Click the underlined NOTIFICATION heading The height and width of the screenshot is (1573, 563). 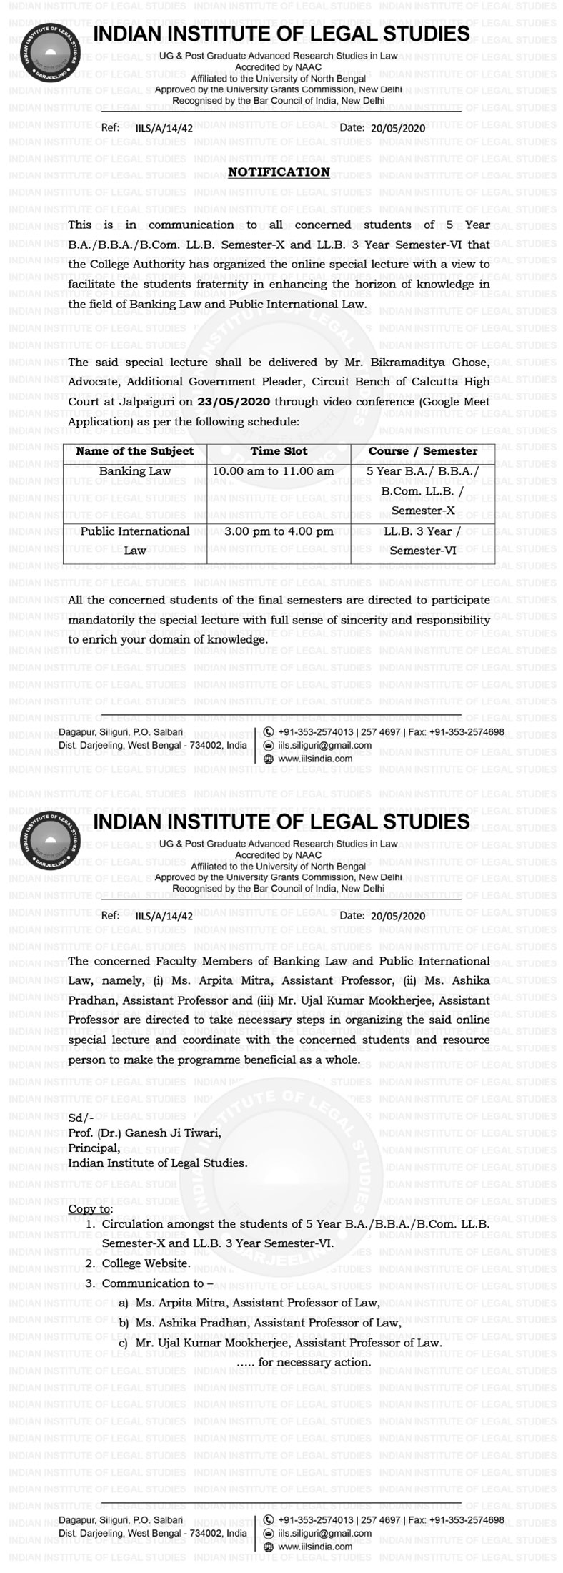tap(279, 172)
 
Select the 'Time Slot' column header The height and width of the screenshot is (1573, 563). tap(279, 451)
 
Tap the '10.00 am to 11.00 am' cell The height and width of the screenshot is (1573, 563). tap(279, 471)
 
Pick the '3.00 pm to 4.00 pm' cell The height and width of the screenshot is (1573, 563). tap(279, 531)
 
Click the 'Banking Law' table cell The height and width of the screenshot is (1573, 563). tap(135, 471)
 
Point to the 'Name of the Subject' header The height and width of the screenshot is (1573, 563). tap(135, 451)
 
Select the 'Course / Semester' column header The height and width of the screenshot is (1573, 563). tap(422, 451)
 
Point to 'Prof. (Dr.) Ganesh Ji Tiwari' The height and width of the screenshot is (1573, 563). tap(144, 1133)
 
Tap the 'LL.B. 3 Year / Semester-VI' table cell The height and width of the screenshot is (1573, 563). tap(422, 541)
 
